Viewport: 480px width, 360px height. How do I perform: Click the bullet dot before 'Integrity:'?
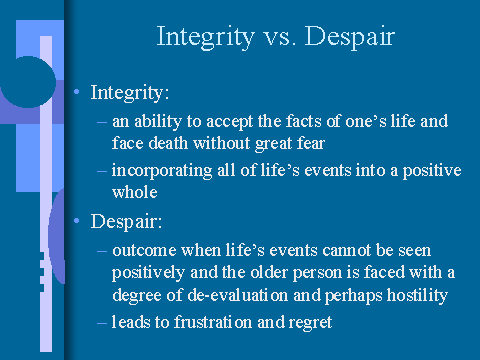tap(78, 92)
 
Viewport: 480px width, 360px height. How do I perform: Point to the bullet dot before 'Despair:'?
tap(78, 217)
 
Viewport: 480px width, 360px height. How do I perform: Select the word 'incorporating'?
tap(160, 169)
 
